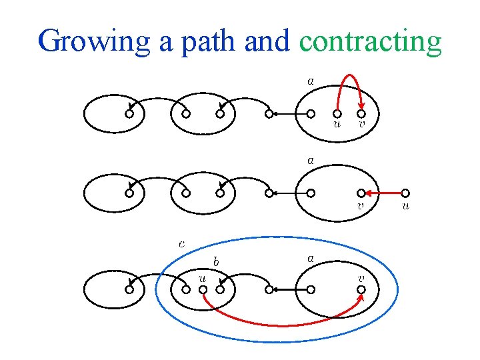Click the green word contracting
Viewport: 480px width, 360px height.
pyautogui.click(x=370, y=41)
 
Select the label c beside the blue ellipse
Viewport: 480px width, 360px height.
pyautogui.click(x=182, y=243)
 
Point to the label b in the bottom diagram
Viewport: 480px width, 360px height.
pyautogui.click(x=217, y=260)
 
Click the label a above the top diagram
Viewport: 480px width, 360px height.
pyautogui.click(x=311, y=81)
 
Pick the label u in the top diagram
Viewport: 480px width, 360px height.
pyautogui.click(x=337, y=123)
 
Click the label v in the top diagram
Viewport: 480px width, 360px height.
pyautogui.click(x=362, y=123)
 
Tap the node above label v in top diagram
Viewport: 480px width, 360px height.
pyautogui.click(x=361, y=113)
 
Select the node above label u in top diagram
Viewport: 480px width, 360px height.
pyautogui.click(x=337, y=113)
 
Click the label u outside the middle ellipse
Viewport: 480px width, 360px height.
pyautogui.click(x=405, y=206)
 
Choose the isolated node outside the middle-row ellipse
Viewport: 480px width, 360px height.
pyautogui.click(x=405, y=193)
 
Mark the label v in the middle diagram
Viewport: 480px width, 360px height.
pyautogui.click(x=361, y=206)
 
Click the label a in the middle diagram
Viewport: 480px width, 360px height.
pyautogui.click(x=311, y=161)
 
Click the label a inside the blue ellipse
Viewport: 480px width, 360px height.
pyautogui.click(x=311, y=257)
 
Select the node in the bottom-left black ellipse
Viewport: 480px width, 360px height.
pyautogui.click(x=129, y=290)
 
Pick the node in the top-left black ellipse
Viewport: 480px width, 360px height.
pyautogui.click(x=129, y=114)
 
